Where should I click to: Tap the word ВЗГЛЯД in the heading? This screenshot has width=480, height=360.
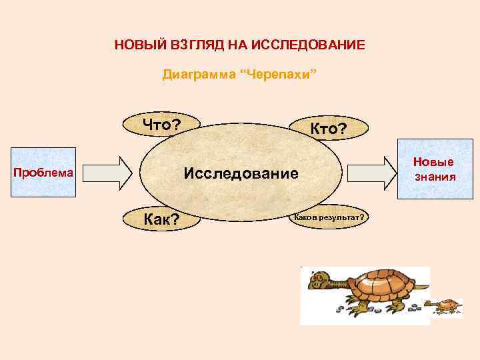191,45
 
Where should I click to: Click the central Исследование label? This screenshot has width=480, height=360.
241,174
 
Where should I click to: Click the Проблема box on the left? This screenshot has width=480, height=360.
43,173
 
